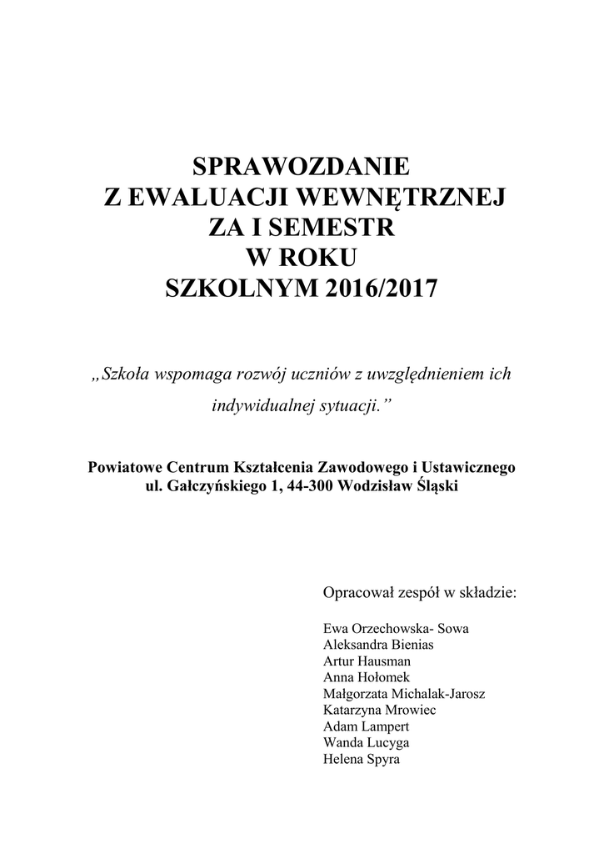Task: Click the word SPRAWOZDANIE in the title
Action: pos(302,166)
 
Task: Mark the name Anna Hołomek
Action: pos(366,677)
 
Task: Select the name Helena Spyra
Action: pos(361,760)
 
